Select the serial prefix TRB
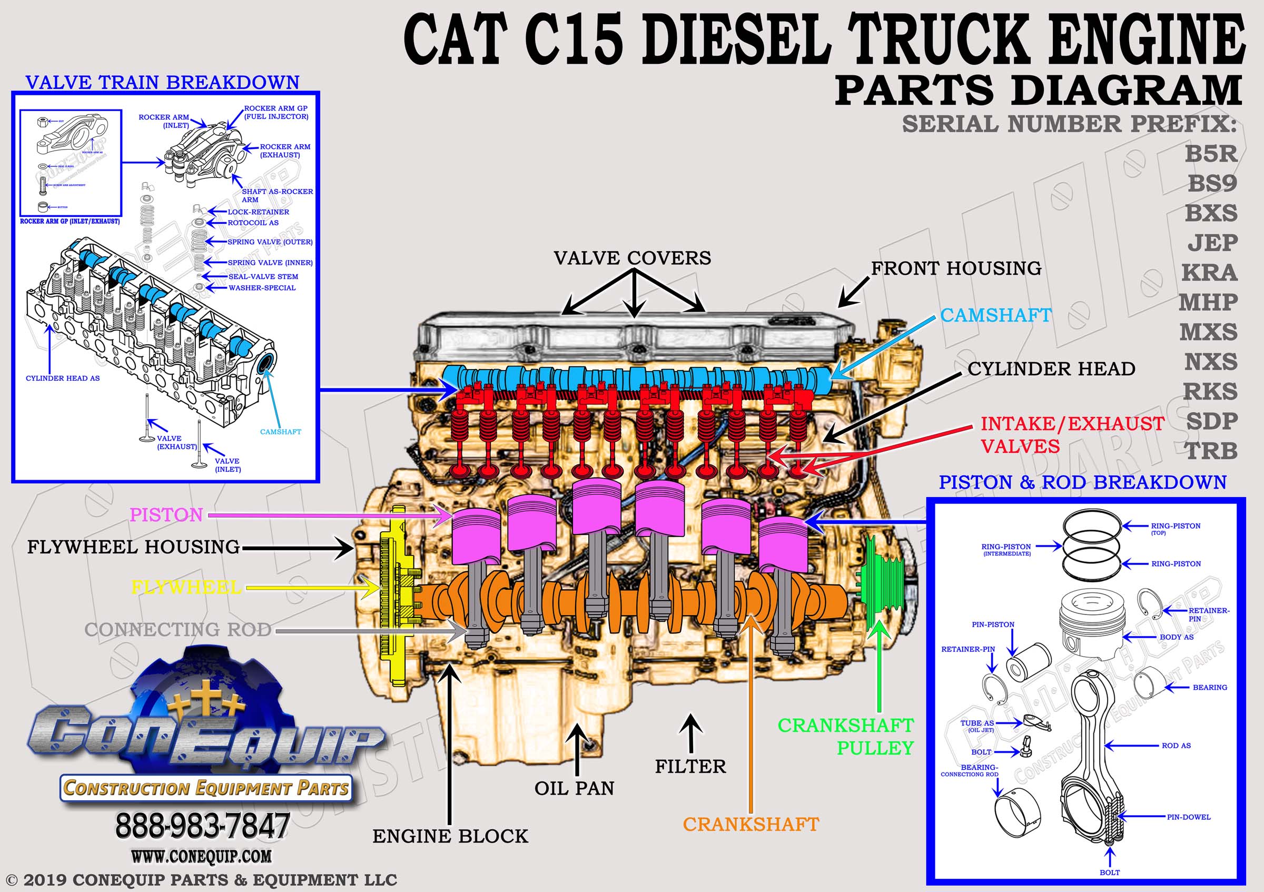click(1211, 451)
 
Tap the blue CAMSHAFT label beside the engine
click(995, 315)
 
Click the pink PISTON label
click(166, 514)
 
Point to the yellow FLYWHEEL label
click(186, 587)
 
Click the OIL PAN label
click(574, 788)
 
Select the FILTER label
click(690, 766)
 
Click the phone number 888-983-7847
click(202, 826)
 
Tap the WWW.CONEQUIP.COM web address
click(201, 856)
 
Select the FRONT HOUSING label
click(956, 268)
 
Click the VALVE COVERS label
click(632, 257)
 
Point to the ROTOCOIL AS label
click(253, 223)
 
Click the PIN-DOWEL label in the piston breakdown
click(1189, 817)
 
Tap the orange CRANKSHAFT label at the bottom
click(751, 824)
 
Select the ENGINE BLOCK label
click(450, 836)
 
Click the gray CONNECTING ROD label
click(178, 629)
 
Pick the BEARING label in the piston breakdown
click(1210, 687)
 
